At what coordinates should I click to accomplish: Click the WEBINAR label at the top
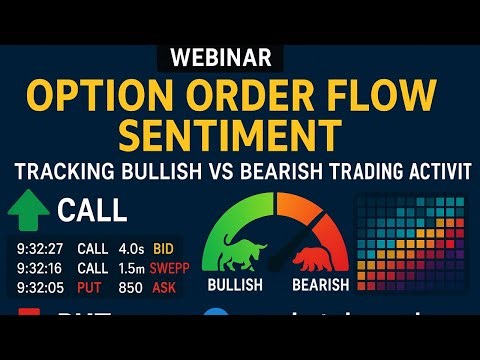pyautogui.click(x=240, y=57)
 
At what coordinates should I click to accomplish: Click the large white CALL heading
pyautogui.click(x=92, y=211)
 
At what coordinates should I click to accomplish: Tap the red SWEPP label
pyautogui.click(x=171, y=267)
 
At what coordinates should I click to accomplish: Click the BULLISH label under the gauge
pyautogui.click(x=236, y=284)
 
